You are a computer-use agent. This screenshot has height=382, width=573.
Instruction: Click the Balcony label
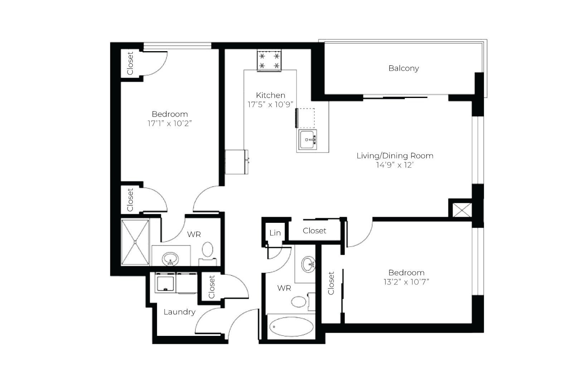point(404,69)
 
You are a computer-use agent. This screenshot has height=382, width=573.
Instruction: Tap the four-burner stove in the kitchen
point(269,60)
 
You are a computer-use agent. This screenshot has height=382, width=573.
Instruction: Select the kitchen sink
point(307,139)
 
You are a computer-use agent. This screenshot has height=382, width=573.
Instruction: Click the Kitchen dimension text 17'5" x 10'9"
point(270,104)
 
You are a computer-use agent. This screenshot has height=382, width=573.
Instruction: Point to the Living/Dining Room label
point(395,156)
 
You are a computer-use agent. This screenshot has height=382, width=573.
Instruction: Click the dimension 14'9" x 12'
point(395,165)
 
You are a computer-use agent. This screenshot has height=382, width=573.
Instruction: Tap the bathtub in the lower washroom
point(291,327)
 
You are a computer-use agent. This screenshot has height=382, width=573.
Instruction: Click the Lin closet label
point(275,233)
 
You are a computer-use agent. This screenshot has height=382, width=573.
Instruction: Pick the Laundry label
point(180,312)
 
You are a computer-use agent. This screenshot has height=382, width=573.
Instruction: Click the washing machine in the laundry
point(165,283)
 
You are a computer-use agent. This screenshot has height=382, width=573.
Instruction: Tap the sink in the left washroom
point(170,259)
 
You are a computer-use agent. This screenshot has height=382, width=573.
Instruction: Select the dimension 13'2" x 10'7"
point(406,282)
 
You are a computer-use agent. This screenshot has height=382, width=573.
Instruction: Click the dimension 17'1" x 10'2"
point(170,123)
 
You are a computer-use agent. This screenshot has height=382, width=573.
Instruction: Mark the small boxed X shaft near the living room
point(462,210)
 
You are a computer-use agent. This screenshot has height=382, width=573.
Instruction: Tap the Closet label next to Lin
point(314,231)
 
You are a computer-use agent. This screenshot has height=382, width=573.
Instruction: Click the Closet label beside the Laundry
point(212,287)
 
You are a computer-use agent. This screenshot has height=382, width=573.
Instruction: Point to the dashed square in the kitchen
point(305,118)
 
